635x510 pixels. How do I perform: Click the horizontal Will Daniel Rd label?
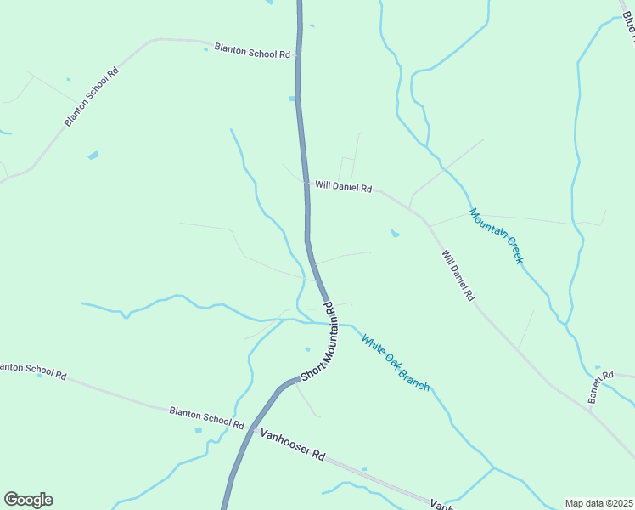tap(343, 186)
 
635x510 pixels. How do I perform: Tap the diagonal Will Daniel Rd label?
tap(458, 275)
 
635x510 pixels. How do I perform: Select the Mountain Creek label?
tap(497, 235)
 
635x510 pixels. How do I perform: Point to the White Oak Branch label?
tap(396, 362)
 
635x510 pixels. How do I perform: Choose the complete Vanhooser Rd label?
tap(293, 444)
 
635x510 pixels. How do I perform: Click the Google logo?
tap(28, 499)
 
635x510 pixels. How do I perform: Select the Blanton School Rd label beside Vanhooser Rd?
tap(206, 417)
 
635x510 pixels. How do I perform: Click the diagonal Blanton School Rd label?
tap(91, 97)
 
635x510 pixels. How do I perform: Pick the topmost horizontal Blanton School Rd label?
tap(252, 51)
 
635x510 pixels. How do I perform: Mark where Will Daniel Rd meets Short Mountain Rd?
tap(306, 183)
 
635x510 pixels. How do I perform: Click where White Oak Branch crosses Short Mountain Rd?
tap(331, 323)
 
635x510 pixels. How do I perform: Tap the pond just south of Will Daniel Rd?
tap(394, 233)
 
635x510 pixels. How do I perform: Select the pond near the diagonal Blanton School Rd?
tap(93, 156)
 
